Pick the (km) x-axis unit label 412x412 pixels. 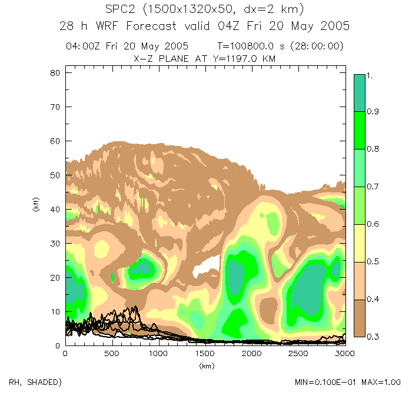(x=205, y=366)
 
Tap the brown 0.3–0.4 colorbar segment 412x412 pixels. (x=360, y=318)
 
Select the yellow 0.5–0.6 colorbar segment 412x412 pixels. (x=360, y=243)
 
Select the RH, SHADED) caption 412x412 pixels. (x=35, y=383)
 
